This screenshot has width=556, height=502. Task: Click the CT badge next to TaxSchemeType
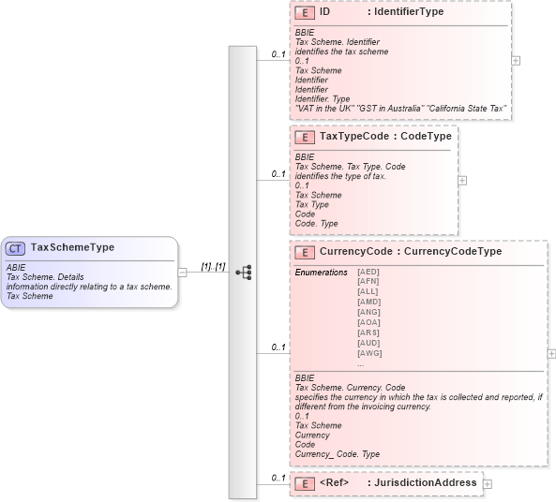[x=16, y=248]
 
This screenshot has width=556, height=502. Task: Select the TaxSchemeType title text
[x=72, y=248]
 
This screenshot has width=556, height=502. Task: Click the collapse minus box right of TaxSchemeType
[x=182, y=272]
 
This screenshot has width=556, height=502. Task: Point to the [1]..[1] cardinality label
[x=213, y=267]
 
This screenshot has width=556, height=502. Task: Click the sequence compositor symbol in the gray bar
[x=244, y=272]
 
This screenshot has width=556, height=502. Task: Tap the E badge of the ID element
[x=305, y=13]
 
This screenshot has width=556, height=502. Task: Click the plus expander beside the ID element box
[x=516, y=59]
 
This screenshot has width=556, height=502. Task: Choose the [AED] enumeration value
[x=368, y=272]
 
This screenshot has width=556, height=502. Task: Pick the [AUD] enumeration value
[x=368, y=343]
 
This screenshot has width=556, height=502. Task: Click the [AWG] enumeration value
[x=369, y=353]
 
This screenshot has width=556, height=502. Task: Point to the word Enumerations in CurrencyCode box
[x=322, y=272]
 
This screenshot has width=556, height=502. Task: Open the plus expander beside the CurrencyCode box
[x=551, y=353]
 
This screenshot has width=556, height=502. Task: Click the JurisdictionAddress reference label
[x=423, y=483]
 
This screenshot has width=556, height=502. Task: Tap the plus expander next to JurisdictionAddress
[x=488, y=484]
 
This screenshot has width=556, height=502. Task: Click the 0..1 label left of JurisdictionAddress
[x=278, y=479]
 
